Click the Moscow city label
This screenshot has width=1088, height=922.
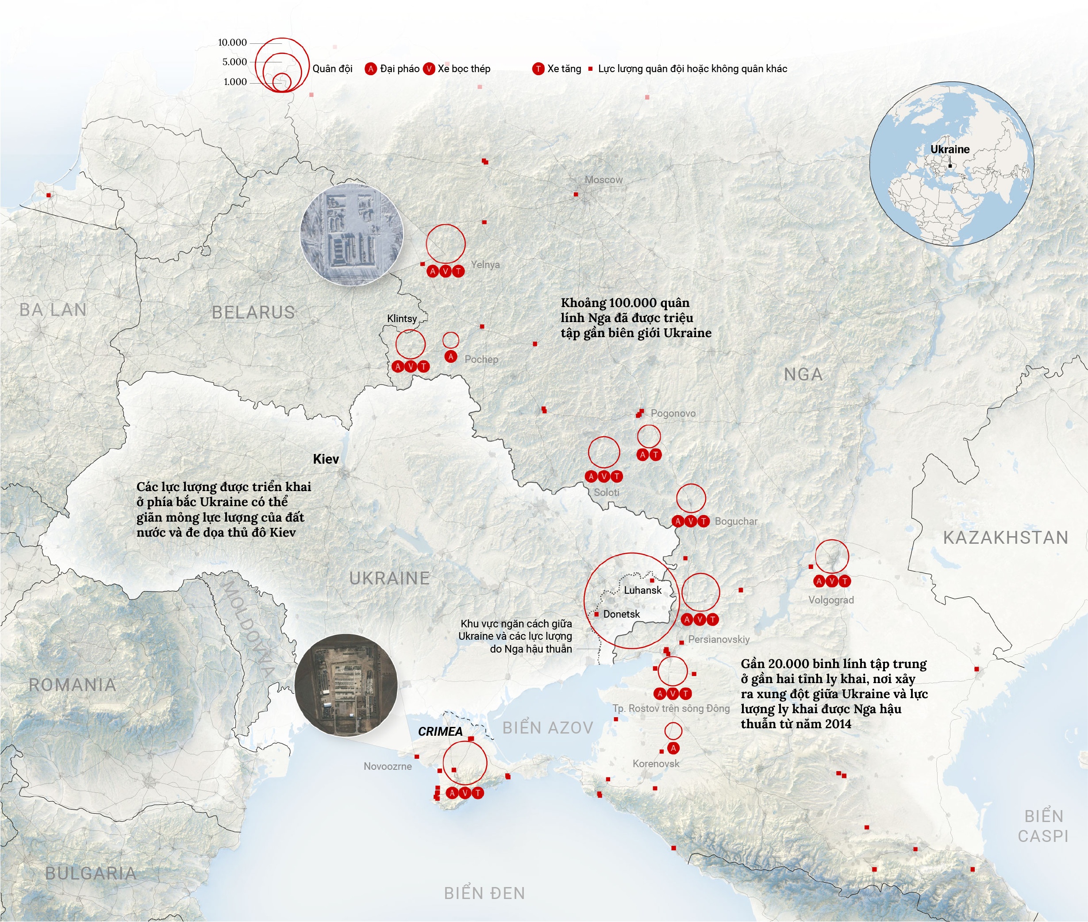603,180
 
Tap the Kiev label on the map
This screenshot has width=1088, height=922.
326,459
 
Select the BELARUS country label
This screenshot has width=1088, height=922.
253,312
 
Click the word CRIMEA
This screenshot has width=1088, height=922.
440,731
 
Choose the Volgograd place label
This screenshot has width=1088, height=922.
830,600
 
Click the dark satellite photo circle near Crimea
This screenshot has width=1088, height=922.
346,685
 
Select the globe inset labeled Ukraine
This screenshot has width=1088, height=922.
951,163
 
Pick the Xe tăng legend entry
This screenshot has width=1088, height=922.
557,69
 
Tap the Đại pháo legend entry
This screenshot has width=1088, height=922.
393,69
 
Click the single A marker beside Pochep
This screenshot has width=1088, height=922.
450,357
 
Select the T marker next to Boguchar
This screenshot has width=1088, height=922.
703,521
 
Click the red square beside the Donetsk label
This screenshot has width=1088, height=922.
596,614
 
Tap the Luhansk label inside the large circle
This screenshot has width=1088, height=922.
642,590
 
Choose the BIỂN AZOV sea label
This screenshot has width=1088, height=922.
547,728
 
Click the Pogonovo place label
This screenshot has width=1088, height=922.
673,413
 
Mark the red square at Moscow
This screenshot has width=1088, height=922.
576,194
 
